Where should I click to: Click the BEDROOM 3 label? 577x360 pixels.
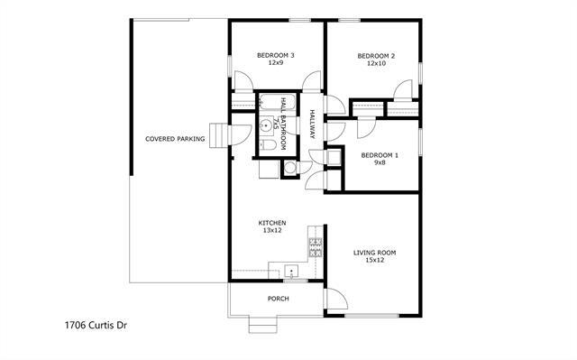[x=275, y=56]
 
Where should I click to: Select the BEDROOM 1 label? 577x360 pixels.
[x=380, y=155]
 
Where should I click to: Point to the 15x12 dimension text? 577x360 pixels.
[x=374, y=261]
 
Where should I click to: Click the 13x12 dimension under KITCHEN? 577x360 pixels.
[x=272, y=231]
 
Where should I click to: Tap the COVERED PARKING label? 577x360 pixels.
[x=176, y=139]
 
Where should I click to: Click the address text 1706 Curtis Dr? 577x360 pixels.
[x=96, y=322]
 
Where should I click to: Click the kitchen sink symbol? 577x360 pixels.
[x=291, y=271]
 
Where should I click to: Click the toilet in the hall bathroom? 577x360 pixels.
[x=269, y=144]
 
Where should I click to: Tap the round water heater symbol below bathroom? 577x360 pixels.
[x=290, y=167]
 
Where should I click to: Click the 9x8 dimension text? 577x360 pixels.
[x=380, y=164]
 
